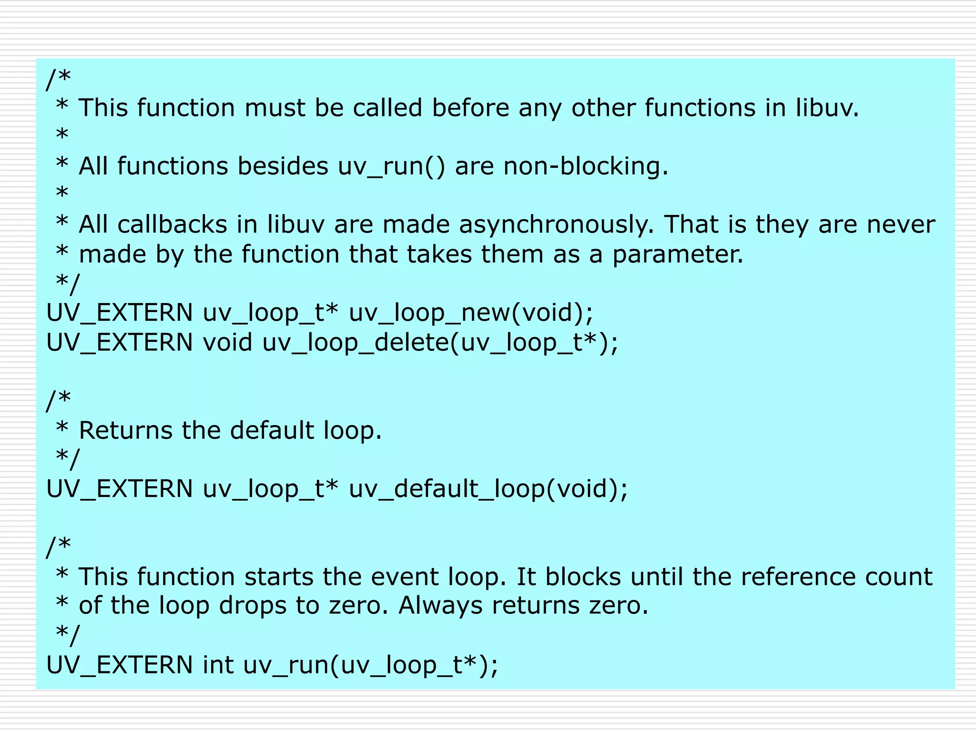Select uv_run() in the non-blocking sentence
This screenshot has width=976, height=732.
[392, 166]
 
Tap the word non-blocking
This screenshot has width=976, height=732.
[586, 166]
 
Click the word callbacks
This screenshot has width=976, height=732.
[172, 224]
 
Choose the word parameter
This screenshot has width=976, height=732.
[677, 254]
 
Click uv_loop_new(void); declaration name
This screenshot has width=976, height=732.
[471, 313]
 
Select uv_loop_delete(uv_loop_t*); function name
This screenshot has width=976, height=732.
[440, 343]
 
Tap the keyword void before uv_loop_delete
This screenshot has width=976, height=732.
[227, 343]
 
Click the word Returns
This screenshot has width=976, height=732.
[126, 430]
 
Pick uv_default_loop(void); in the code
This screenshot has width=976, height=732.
[488, 489]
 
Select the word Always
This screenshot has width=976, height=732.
[440, 606]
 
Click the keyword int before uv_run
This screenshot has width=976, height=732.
[218, 665]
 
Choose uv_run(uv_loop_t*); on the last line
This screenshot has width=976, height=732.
[370, 665]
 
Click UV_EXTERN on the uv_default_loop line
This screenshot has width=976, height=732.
[119, 489]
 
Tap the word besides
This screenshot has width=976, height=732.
[283, 166]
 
